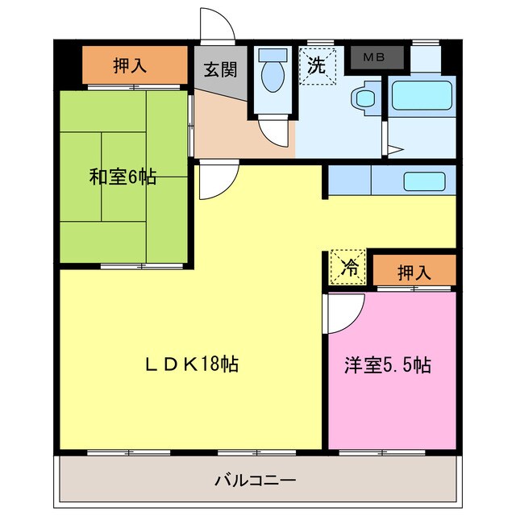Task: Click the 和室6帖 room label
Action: [123, 177]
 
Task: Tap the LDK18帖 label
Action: [191, 364]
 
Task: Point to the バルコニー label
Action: [256, 481]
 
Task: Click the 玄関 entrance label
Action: [219, 69]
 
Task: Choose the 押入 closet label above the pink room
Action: [414, 273]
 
